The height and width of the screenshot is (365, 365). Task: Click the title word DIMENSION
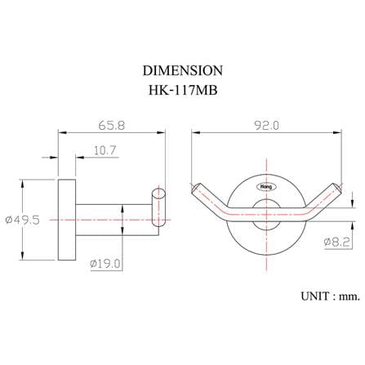[x=183, y=70]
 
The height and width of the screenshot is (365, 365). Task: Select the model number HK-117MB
[x=183, y=90]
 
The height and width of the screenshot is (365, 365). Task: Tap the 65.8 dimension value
[x=112, y=126]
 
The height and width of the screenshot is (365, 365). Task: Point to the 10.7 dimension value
[x=105, y=150]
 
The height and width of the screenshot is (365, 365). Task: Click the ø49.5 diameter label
[x=23, y=220]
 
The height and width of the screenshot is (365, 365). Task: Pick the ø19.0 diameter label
[x=105, y=264]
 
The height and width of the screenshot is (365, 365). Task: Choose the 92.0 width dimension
[x=266, y=126]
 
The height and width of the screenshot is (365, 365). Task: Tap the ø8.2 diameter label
[x=336, y=242]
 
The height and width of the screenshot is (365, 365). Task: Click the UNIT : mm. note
[x=330, y=296]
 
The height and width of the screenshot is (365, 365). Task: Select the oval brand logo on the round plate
[x=266, y=187]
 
